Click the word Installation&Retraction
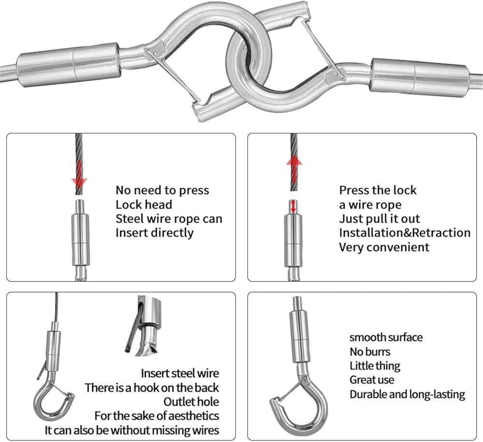point(405,232)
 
